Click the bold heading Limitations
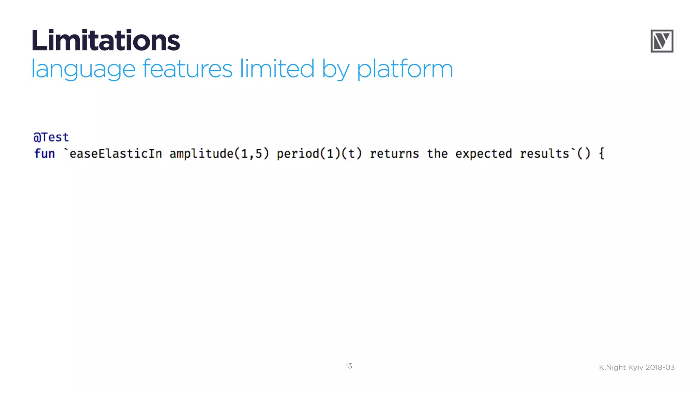[x=106, y=41]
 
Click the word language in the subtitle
[x=83, y=69]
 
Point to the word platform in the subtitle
[x=405, y=69]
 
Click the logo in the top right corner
[x=662, y=41]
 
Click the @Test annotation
[x=51, y=137]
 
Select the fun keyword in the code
[x=45, y=154]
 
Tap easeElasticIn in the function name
[x=116, y=154]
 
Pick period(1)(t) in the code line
[x=319, y=154]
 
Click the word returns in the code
[x=394, y=154]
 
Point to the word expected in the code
[x=484, y=154]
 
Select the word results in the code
[x=544, y=154]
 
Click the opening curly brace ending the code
[x=602, y=154]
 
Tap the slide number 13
[x=349, y=366]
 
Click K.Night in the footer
[x=612, y=367]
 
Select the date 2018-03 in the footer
[x=660, y=367]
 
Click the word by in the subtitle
[x=335, y=69]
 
